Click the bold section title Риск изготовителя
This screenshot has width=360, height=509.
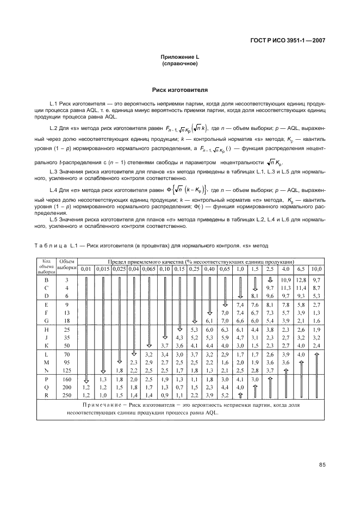pyautogui.click(x=180, y=89)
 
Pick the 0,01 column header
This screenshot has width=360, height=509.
pyautogui.click(x=86, y=269)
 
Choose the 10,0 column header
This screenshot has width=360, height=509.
pyautogui.click(x=316, y=269)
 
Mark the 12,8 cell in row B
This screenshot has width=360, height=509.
pyautogui.click(x=301, y=279)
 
